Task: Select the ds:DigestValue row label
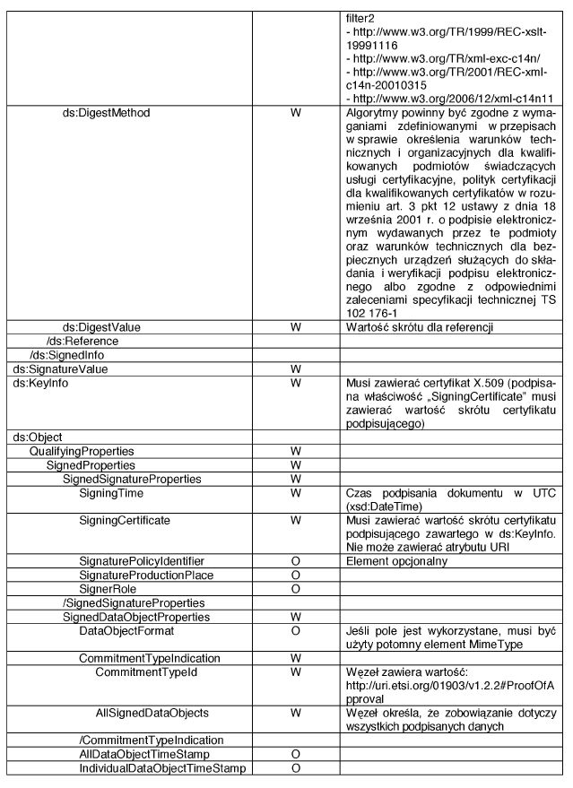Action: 100,327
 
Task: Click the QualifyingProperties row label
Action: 82,452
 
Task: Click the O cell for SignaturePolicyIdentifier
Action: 294,561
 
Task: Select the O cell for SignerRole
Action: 294,589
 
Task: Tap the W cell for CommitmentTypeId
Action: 294,671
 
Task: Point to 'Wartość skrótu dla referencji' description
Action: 420,327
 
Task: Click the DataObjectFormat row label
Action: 126,630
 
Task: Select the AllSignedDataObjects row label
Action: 152,713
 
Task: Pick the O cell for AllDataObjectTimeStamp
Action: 294,755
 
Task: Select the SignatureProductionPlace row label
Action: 146,576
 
